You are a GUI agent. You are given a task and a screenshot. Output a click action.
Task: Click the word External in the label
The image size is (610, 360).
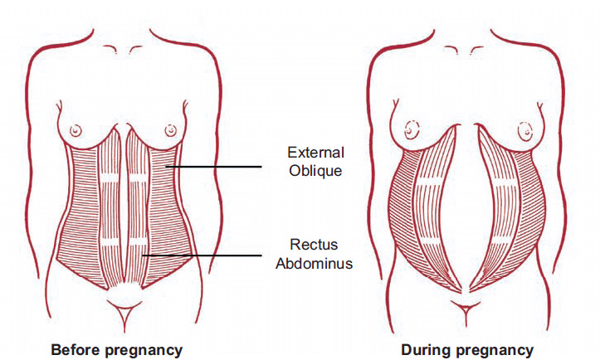[x=316, y=153]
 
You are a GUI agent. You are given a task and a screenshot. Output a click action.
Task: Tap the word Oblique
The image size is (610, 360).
[x=315, y=171]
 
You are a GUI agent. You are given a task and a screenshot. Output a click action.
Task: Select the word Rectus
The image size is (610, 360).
[x=314, y=245]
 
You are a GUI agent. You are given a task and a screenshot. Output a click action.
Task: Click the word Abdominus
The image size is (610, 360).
[x=314, y=263]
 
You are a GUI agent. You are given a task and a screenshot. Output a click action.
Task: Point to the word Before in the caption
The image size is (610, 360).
[x=76, y=349]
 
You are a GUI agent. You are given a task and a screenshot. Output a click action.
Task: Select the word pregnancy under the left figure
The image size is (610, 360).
[x=144, y=351]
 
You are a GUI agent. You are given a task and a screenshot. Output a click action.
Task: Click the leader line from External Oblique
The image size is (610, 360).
[x=213, y=167]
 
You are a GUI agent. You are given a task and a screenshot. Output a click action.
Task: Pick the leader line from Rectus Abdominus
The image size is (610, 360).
[x=202, y=255]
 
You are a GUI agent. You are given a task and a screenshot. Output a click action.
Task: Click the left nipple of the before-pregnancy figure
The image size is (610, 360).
[x=76, y=130]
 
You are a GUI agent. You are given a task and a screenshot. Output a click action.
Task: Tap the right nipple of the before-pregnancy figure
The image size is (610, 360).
[x=170, y=130]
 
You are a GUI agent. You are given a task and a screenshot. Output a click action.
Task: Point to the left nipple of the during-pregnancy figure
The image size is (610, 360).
[x=412, y=130]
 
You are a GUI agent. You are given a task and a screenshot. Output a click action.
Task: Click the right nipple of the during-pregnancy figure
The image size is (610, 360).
[x=525, y=130]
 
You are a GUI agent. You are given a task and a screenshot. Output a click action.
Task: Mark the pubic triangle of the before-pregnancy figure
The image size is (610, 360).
[x=124, y=311]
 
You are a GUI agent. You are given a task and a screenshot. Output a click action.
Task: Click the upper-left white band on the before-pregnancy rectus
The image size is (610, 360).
[x=110, y=178]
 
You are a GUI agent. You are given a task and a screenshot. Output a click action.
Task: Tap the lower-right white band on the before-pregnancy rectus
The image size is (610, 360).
[x=138, y=242]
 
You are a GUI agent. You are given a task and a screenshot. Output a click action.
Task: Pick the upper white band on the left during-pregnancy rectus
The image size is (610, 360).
[x=429, y=181]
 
